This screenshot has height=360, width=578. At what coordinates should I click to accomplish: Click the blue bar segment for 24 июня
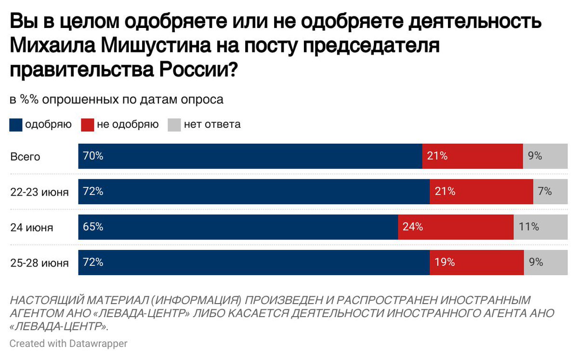coord(238,227)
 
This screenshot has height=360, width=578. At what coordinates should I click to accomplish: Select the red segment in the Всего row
coord(472,156)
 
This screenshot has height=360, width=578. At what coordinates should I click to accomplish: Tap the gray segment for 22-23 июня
coord(550,191)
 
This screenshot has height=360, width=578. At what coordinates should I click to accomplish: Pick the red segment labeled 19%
coord(476,263)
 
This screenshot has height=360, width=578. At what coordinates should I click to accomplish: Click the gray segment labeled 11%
coord(540,227)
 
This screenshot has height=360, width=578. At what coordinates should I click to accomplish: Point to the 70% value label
coord(93,156)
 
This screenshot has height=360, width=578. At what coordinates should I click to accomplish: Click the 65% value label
coord(93,227)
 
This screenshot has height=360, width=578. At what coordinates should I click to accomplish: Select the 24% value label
coord(413,227)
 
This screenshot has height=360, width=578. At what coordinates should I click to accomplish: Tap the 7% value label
coord(545,191)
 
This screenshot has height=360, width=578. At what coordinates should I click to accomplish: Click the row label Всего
coord(25,157)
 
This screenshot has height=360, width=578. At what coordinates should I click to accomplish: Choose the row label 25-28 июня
coord(39,263)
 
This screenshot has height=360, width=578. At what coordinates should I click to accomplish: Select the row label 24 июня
coord(32,227)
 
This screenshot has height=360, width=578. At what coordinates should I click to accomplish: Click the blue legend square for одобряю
coord(15,125)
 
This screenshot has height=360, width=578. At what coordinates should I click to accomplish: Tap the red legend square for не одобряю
coord(87,125)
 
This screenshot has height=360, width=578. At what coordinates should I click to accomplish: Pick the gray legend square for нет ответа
coord(174,125)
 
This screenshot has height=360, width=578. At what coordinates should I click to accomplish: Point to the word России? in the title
coord(197,70)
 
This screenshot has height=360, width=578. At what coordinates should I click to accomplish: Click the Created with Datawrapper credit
coord(68,344)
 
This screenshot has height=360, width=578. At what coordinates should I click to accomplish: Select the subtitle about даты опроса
coord(117,100)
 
